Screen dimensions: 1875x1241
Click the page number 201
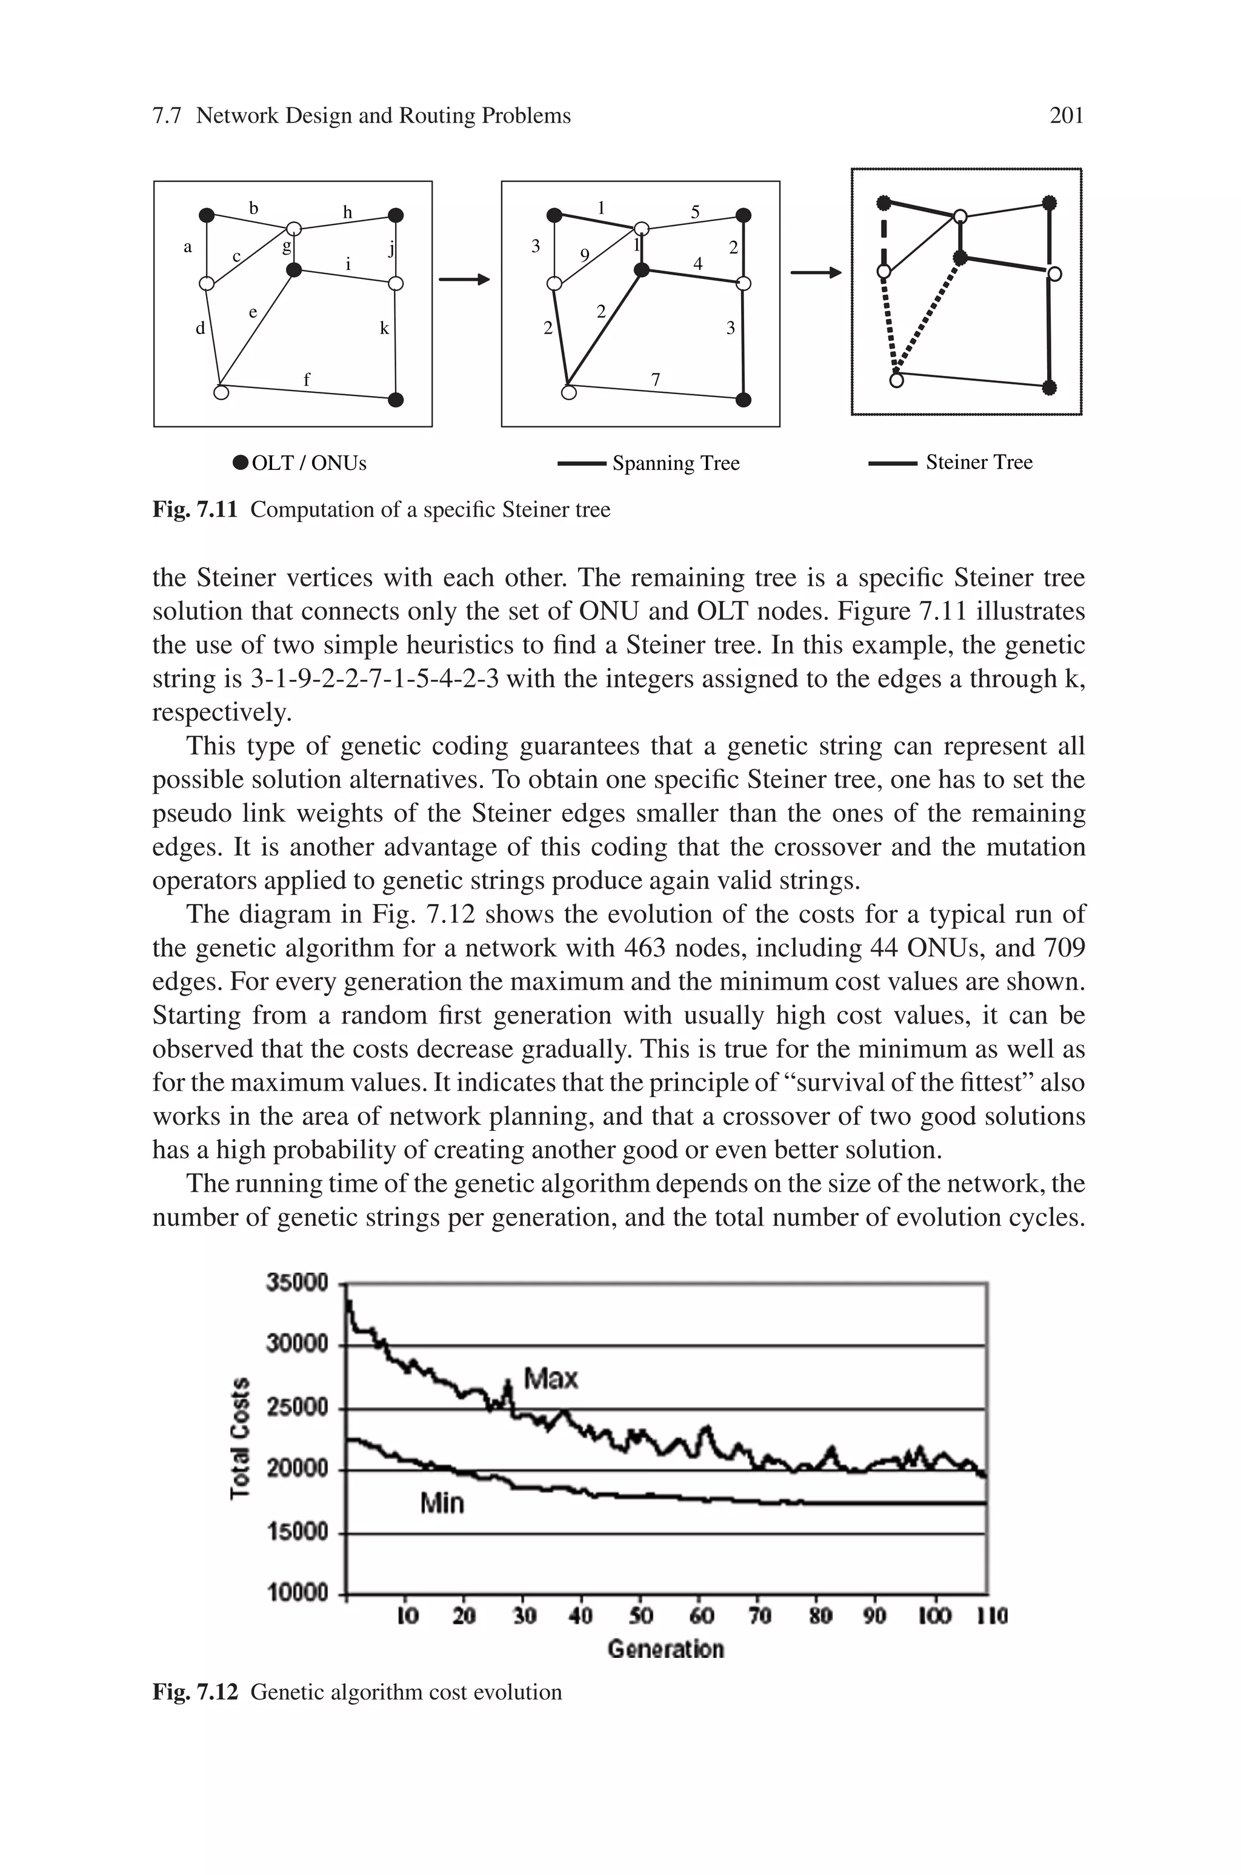pyautogui.click(x=1065, y=116)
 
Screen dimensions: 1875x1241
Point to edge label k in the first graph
pyautogui.click(x=385, y=328)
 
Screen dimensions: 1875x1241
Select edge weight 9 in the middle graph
pyautogui.click(x=584, y=255)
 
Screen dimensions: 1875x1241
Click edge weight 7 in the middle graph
pyautogui.click(x=655, y=379)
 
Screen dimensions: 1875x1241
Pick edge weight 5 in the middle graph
pyautogui.click(x=695, y=212)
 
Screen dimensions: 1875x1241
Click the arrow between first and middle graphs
pyautogui.click(x=465, y=279)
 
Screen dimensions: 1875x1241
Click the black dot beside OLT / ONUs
pyautogui.click(x=241, y=463)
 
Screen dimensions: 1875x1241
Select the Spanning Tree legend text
pyautogui.click(x=675, y=463)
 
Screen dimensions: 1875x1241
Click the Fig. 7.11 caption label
pyautogui.click(x=195, y=509)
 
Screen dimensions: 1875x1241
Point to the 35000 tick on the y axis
pyautogui.click(x=297, y=1282)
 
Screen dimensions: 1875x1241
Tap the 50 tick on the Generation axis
pyautogui.click(x=640, y=1615)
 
